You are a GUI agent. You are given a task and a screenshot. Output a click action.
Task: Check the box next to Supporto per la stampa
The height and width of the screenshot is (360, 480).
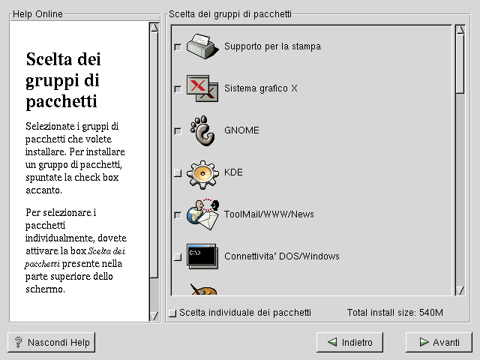[x=178, y=47]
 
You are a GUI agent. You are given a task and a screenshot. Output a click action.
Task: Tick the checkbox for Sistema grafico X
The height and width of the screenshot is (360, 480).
[x=178, y=89]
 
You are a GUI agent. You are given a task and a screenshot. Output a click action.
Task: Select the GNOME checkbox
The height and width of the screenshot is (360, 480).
[x=178, y=131]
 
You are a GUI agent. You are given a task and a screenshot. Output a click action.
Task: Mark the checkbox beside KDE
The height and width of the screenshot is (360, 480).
[x=178, y=173]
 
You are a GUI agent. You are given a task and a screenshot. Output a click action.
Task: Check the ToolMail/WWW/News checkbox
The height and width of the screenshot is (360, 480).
[x=178, y=215]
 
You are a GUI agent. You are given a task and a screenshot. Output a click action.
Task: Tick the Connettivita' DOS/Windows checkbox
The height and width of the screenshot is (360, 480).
[x=178, y=257]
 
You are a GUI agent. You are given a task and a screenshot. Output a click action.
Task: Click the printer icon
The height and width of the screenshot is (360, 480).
[x=202, y=46]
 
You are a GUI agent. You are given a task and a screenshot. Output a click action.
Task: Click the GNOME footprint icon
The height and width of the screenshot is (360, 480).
[x=202, y=130]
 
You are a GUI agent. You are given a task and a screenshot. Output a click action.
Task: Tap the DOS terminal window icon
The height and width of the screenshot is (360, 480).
[x=202, y=256]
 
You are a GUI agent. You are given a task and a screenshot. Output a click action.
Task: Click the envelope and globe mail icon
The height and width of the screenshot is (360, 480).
[x=203, y=215]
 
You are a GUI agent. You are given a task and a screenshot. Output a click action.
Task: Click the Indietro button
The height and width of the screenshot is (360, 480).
[x=349, y=342]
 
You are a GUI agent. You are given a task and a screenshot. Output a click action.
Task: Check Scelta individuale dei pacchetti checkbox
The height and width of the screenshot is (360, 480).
[x=172, y=313]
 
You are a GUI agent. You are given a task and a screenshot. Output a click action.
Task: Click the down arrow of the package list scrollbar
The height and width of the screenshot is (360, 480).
[x=460, y=290]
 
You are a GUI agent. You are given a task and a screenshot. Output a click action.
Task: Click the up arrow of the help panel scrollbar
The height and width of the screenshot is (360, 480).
[x=154, y=28]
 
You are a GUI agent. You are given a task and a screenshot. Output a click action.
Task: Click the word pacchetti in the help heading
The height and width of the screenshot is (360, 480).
[x=61, y=102]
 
